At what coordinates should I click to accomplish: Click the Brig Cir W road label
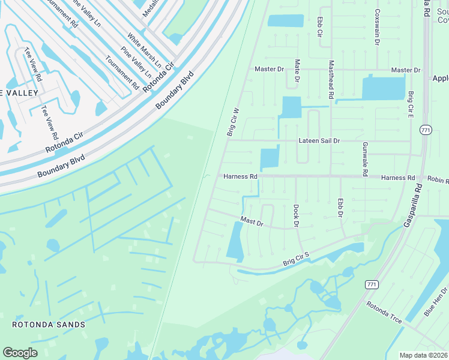click(233, 122)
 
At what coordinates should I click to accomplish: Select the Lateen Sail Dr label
click(319, 140)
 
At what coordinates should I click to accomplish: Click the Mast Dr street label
click(252, 222)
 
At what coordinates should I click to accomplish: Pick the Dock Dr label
click(296, 215)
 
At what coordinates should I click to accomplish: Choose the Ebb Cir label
click(320, 26)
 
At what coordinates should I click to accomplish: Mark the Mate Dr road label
click(297, 71)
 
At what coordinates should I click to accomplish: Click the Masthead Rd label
click(331, 79)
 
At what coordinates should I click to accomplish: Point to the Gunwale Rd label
click(364, 159)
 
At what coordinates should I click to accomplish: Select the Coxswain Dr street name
click(378, 28)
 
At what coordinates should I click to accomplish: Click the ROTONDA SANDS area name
click(49, 325)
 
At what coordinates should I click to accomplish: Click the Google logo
click(20, 352)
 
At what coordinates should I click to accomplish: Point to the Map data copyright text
click(423, 355)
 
